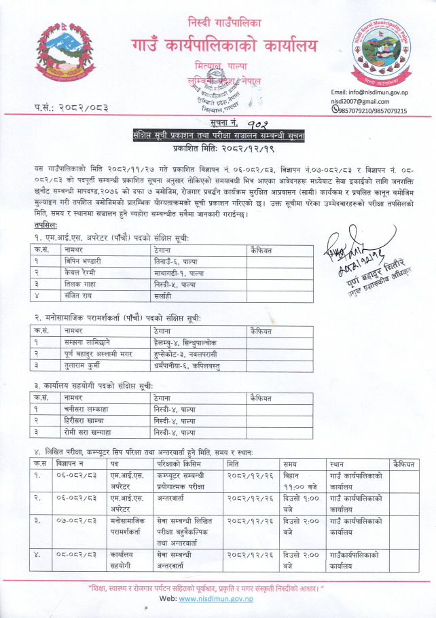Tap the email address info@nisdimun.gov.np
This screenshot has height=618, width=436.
tap(369, 91)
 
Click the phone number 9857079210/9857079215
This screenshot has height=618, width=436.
tap(371, 110)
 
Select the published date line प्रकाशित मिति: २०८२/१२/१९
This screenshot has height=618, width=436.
tap(217, 147)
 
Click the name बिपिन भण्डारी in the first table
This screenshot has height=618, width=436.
tap(83, 261)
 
